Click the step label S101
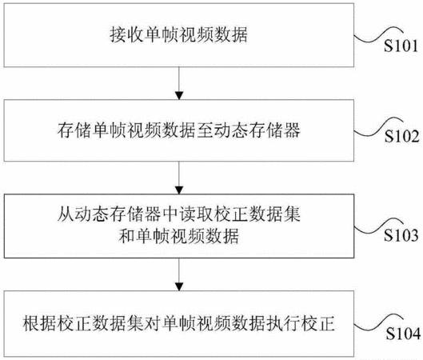pos(401,46)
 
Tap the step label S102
pos(401,136)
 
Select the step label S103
pos(401,234)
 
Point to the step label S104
pos(403,334)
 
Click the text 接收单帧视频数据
pos(178,35)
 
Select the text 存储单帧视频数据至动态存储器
pos(178,130)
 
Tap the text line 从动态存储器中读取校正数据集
pos(178,214)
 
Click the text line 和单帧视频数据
pos(178,236)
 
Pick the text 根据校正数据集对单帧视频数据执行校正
pos(178,323)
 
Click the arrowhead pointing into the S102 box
pos(179,95)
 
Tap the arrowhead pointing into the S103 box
pos(179,190)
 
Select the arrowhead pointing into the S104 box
pos(179,286)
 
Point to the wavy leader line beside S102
pos(377,128)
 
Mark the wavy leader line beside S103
pos(377,226)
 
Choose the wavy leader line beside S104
pos(377,324)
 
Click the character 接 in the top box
pos(118,35)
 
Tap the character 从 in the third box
pos(66,214)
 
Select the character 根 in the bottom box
pos(31,323)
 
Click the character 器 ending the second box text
pos(292,130)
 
